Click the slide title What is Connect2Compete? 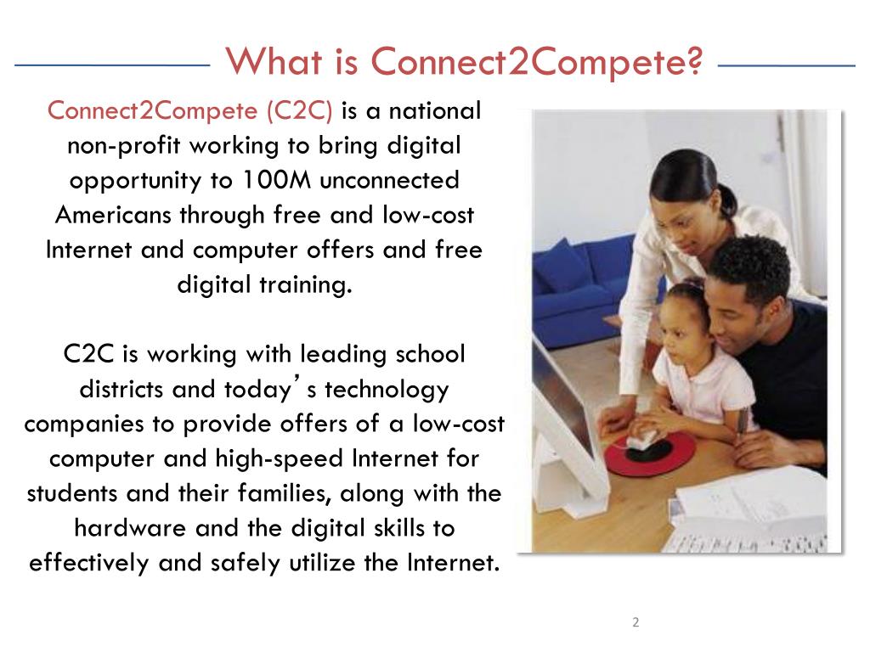pyautogui.click(x=465, y=62)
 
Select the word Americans pyautogui.click(x=113, y=216)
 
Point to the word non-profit pyautogui.click(x=125, y=146)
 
